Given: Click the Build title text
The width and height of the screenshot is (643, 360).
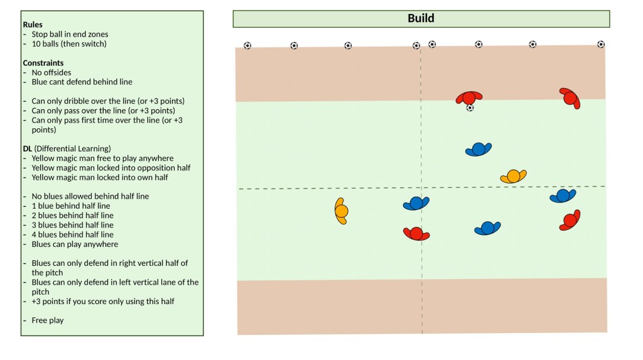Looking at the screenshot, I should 421,18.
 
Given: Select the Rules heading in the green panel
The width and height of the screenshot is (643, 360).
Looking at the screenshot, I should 33,25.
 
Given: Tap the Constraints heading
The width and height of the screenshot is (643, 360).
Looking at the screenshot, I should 43,63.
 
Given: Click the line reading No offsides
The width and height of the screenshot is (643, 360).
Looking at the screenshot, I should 51,72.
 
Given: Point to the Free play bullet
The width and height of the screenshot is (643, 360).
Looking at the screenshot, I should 48,320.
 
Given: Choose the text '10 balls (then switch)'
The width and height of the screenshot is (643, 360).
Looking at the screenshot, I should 69,44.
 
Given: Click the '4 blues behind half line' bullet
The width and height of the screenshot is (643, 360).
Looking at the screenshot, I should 73,234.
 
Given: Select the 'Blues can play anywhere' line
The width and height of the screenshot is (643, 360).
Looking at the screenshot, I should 75,244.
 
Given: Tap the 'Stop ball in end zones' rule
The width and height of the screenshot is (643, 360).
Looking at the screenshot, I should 70,35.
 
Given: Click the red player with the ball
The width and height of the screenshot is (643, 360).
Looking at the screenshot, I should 469,98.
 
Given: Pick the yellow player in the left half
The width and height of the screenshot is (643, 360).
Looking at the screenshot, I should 341,211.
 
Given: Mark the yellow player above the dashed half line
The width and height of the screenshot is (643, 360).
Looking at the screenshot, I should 514,176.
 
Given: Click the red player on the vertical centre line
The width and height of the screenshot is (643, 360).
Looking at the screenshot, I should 416,234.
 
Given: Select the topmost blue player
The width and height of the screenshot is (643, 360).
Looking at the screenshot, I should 478,149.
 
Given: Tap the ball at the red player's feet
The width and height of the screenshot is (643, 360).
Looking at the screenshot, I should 470,108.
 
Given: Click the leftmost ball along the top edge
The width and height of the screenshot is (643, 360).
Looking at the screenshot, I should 247,46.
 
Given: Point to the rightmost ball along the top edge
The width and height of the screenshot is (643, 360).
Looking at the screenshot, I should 601,45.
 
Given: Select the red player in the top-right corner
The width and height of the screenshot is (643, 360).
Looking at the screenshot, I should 570,98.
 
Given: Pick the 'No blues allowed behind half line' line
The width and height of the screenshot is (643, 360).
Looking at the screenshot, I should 90,196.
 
